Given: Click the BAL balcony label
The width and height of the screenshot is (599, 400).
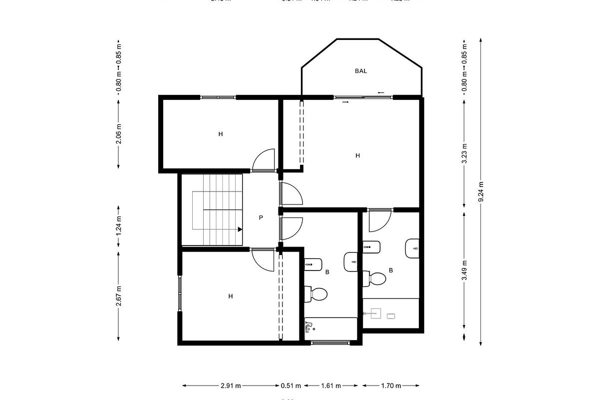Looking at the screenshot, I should tap(361, 71).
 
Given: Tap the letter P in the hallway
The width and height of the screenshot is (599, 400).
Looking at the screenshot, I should tap(261, 217).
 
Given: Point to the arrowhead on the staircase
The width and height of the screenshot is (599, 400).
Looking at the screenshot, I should tap(240, 229).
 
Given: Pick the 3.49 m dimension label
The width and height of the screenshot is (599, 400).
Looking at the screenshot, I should tap(464, 271).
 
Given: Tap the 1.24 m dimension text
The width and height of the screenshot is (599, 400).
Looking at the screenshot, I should tap(118, 225).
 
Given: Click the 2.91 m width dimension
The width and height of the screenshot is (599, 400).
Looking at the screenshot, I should tap(231, 385).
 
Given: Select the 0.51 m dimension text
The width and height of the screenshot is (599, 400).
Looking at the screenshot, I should tap(291, 385).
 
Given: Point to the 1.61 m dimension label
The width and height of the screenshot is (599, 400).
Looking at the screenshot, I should tap(331, 385).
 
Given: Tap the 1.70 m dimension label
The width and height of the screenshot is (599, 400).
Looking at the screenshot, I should tap(391, 385).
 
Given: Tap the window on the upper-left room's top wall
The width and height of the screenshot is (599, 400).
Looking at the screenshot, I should tap(218, 97).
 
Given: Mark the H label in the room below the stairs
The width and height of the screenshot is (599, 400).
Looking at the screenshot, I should tap(231, 296).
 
